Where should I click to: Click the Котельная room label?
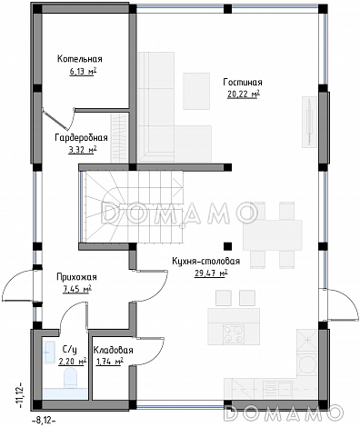(x=80, y=59)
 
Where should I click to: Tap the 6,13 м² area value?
(x=83, y=72)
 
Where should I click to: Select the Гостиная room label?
(x=243, y=83)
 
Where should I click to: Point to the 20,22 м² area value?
(x=244, y=94)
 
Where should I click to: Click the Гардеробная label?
(x=81, y=138)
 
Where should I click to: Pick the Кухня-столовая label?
(x=206, y=261)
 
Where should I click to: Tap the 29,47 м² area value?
(x=211, y=273)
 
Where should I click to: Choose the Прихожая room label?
(x=76, y=277)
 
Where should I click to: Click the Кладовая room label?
(x=113, y=351)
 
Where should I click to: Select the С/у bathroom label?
(x=70, y=350)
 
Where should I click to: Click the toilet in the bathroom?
(x=71, y=378)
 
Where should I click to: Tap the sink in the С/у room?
(x=50, y=352)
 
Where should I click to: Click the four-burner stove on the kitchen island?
(x=234, y=334)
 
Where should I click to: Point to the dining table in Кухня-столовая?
(x=273, y=235)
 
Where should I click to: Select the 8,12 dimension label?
(x=44, y=421)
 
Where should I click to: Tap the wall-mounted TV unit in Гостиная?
(x=309, y=122)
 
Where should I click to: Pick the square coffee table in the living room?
(x=196, y=91)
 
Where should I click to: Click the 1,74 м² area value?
(x=109, y=362)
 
